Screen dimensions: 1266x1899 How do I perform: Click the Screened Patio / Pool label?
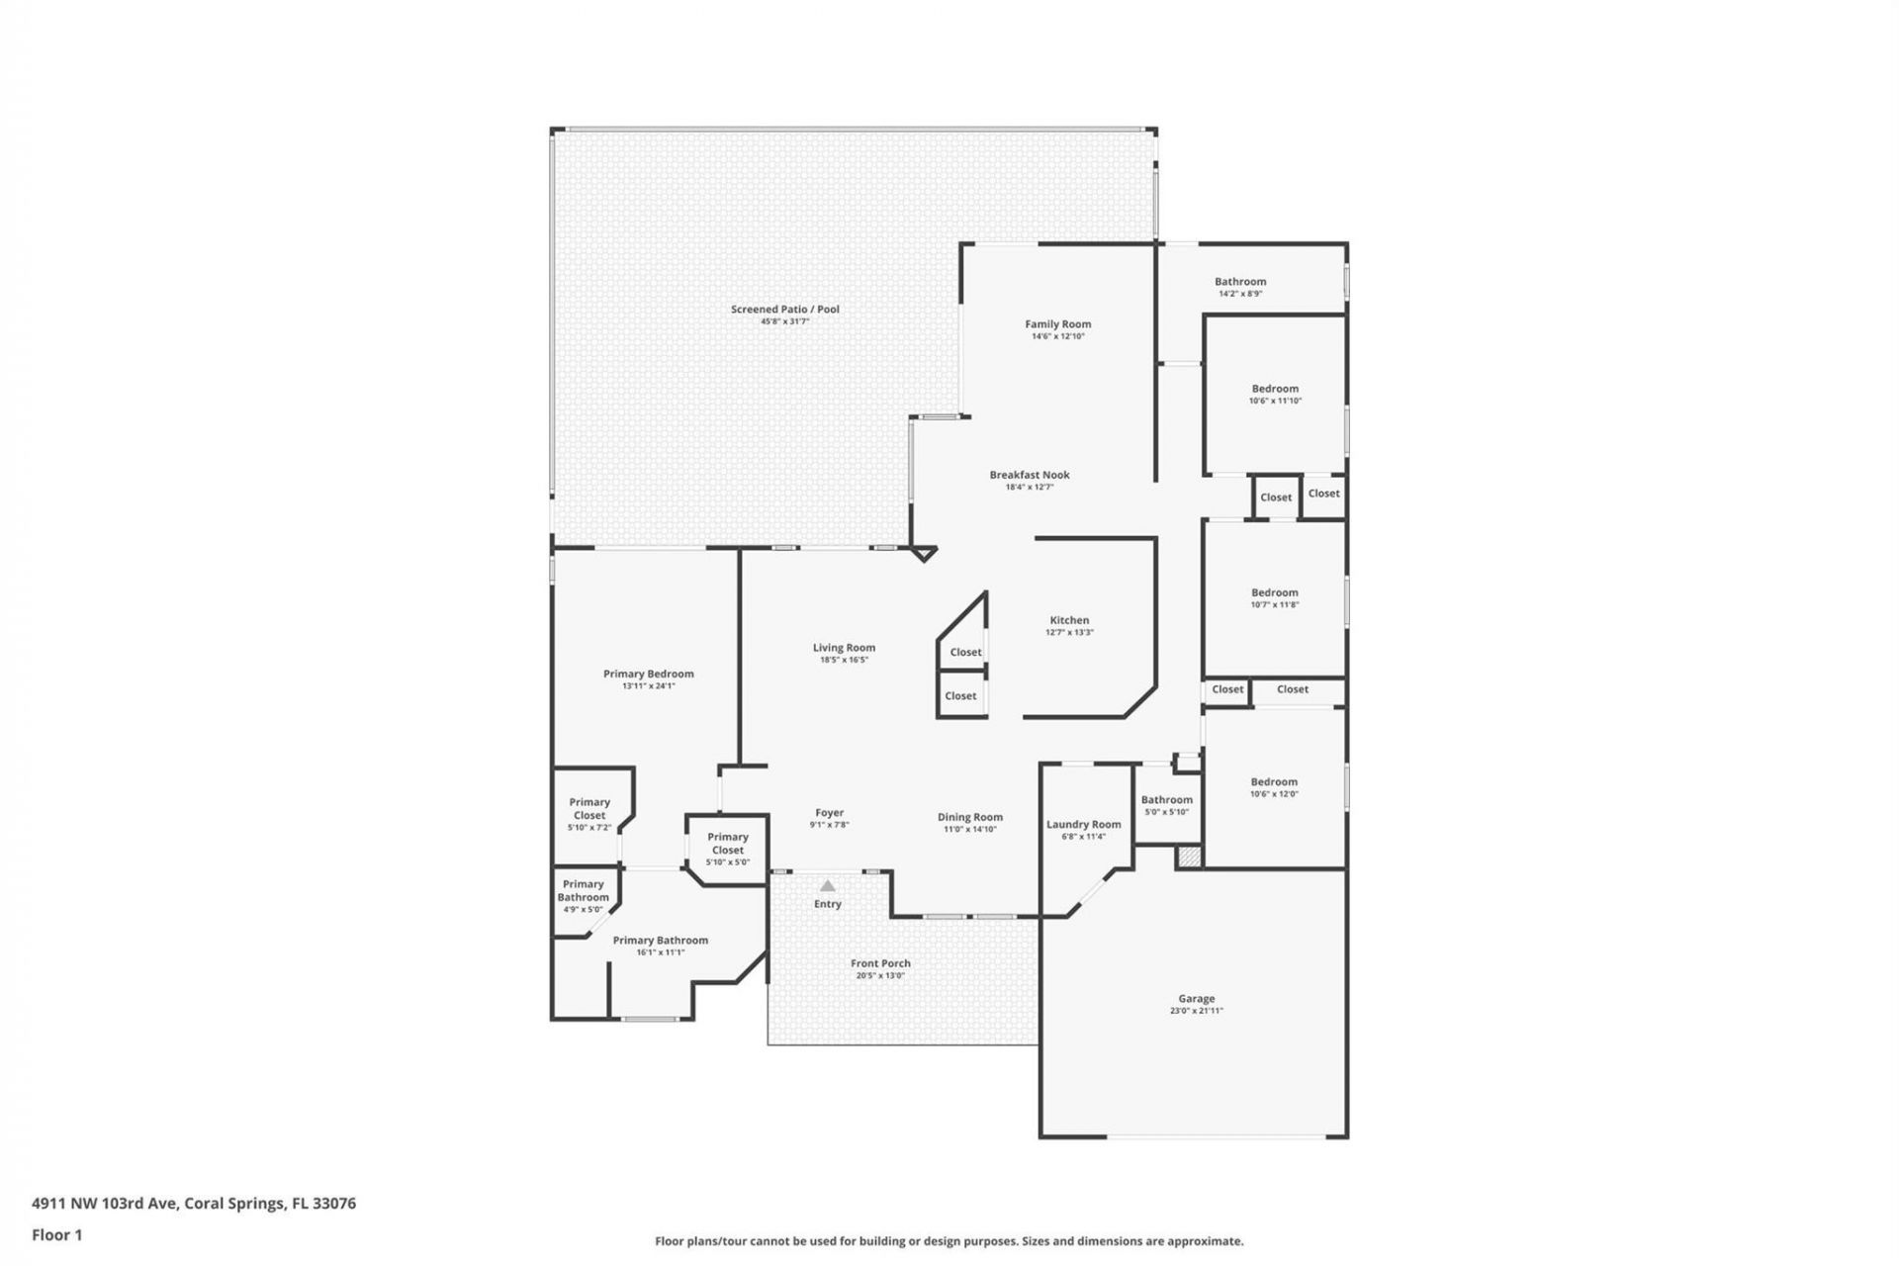click(784, 309)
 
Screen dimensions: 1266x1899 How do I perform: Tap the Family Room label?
click(1057, 323)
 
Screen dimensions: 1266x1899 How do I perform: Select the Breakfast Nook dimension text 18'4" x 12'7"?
click(1029, 487)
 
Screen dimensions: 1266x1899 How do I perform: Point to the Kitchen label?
click(1069, 620)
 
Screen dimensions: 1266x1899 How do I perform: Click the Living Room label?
click(844, 648)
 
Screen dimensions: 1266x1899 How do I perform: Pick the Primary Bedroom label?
click(648, 674)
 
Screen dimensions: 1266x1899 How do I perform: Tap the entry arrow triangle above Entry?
click(827, 886)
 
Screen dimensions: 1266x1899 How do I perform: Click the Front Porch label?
click(880, 962)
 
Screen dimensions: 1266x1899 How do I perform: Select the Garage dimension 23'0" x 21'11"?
click(1196, 1011)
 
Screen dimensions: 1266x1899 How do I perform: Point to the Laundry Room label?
click(1083, 824)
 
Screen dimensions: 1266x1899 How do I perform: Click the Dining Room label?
click(969, 817)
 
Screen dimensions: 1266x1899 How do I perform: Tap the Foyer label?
click(829, 813)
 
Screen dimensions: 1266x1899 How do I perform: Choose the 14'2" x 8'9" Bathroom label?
click(1240, 282)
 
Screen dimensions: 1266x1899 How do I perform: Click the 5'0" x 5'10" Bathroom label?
click(1166, 800)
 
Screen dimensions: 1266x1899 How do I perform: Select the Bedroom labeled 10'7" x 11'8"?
click(1274, 592)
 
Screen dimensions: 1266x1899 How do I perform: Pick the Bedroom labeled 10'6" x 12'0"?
click(1273, 781)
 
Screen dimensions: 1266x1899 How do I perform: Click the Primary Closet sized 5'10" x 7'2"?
click(589, 809)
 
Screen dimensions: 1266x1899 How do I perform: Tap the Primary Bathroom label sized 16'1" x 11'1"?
click(660, 941)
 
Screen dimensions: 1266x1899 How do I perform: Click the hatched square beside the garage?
click(1189, 858)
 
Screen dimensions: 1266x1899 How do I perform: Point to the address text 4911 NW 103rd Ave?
click(104, 1204)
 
